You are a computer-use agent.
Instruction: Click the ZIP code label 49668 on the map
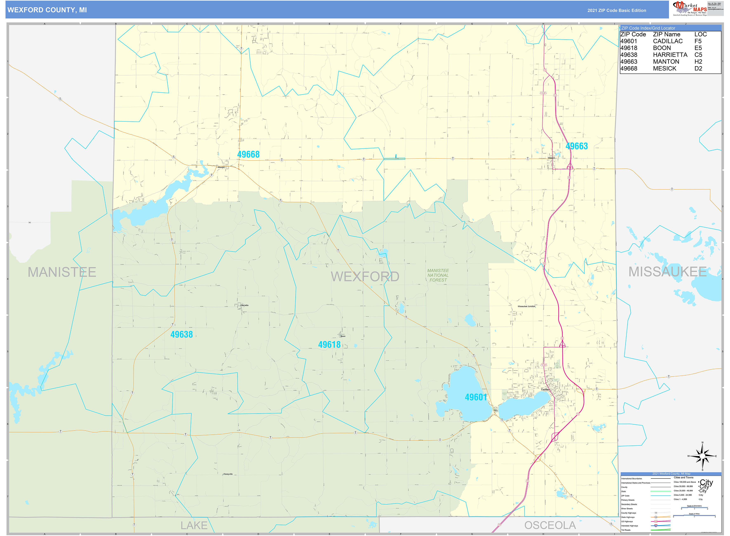pyautogui.click(x=248, y=154)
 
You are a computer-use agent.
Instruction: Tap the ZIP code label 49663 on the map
pyautogui.click(x=577, y=146)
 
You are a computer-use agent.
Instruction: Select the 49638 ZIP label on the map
pyautogui.click(x=181, y=335)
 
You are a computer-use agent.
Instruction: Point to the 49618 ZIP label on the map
pyautogui.click(x=329, y=344)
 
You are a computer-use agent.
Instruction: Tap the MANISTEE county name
pyautogui.click(x=62, y=272)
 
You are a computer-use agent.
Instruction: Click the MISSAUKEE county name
pyautogui.click(x=667, y=272)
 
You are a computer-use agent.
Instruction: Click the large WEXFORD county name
pyautogui.click(x=365, y=276)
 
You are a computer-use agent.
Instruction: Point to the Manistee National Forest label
pyautogui.click(x=438, y=275)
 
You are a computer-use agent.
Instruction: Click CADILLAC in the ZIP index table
pyautogui.click(x=668, y=41)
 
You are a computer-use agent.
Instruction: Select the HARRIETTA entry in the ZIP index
pyautogui.click(x=670, y=55)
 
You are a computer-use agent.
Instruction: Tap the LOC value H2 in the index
pyautogui.click(x=698, y=62)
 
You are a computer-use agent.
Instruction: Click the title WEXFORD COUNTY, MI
pyautogui.click(x=47, y=10)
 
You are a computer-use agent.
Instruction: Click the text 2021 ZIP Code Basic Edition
pyautogui.click(x=616, y=10)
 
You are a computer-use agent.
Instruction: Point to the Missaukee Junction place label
pyautogui.click(x=526, y=306)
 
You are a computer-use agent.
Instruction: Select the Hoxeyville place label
pyautogui.click(x=228, y=474)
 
